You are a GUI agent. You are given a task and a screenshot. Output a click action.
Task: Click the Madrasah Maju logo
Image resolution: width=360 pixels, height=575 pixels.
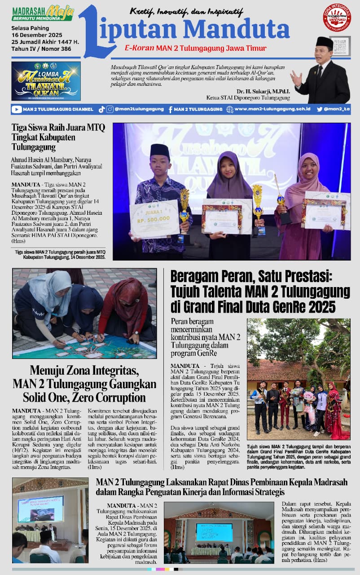(x=43, y=13)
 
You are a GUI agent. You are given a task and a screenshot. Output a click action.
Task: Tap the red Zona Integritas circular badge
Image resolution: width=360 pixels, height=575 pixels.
(x=337, y=18)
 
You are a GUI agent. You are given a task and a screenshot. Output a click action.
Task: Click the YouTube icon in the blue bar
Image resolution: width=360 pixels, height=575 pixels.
(x=17, y=109)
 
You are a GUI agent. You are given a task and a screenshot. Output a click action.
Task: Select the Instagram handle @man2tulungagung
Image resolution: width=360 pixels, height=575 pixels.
(x=134, y=109)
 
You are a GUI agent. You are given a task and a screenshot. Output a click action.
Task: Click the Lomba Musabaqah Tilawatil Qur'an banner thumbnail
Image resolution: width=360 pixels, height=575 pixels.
(x=46, y=81)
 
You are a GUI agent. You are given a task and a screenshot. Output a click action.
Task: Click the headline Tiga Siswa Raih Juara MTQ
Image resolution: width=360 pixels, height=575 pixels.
(x=58, y=128)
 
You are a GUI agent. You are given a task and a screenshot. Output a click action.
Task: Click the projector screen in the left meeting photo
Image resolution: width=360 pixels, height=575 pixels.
(x=40, y=509)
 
